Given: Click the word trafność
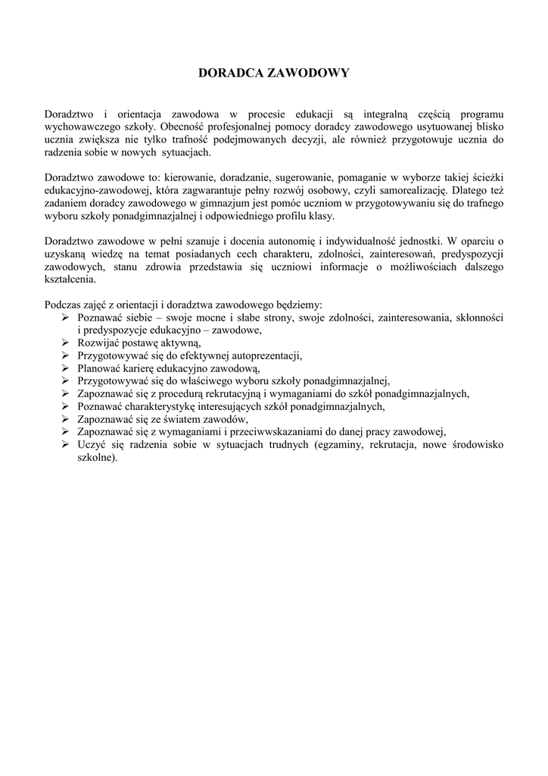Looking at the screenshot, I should [231, 139].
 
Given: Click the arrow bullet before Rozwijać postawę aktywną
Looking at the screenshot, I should [66, 343].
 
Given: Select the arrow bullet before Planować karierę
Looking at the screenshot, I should [66, 368].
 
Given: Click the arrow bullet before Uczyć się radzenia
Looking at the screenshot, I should [66, 445].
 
